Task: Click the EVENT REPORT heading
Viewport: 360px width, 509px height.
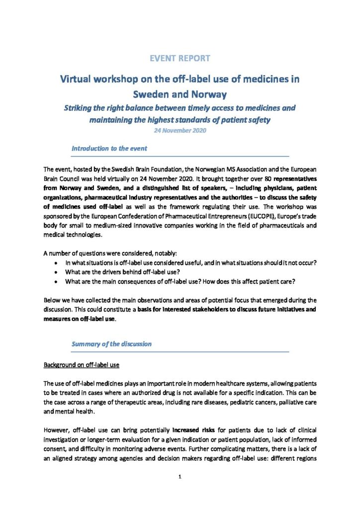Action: [x=180, y=58]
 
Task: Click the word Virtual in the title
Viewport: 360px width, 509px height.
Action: [x=78, y=79]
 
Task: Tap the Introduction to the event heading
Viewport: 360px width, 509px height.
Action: [x=109, y=148]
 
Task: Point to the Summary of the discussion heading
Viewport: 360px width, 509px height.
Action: [x=111, y=343]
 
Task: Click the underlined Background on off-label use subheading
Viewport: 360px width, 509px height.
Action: [x=82, y=365]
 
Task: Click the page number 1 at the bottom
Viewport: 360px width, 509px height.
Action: [x=180, y=477]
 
